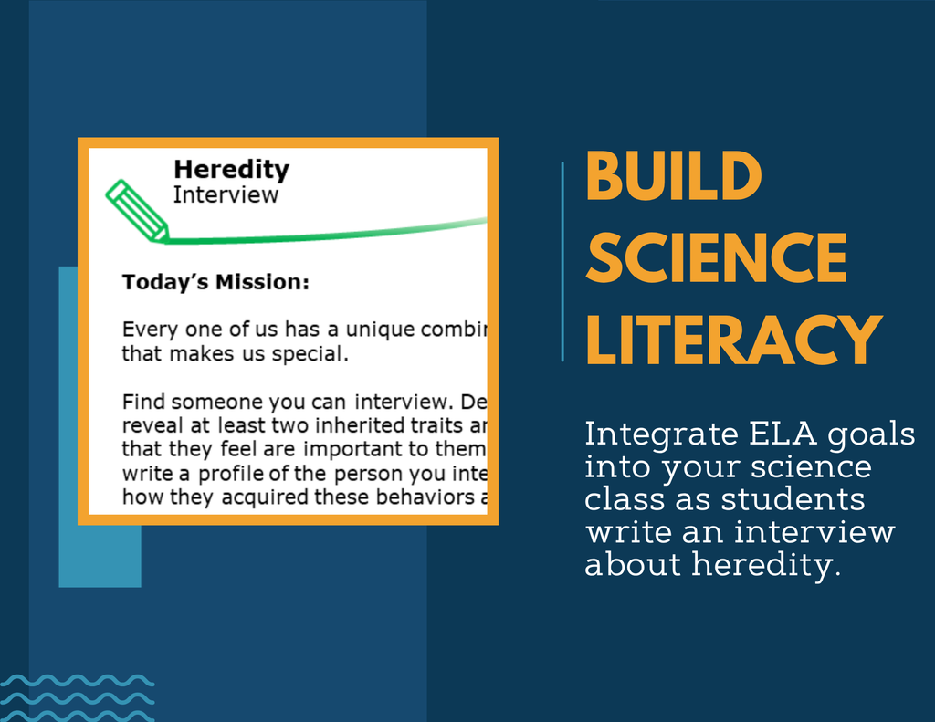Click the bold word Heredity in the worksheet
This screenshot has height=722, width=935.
[x=231, y=171]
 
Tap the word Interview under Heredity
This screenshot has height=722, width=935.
[x=226, y=195]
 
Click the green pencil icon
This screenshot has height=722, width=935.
[x=137, y=211]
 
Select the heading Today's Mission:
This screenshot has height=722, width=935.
[x=215, y=282]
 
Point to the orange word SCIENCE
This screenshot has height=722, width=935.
[x=716, y=257]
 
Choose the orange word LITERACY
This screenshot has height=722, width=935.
[x=734, y=340]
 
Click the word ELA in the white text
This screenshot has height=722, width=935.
[x=783, y=434]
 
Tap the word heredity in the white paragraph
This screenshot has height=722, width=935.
[x=765, y=564]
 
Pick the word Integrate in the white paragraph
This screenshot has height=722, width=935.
[x=661, y=435]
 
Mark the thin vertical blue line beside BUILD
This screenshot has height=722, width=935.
[x=562, y=262]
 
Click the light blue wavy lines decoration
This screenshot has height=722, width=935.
[x=77, y=697]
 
